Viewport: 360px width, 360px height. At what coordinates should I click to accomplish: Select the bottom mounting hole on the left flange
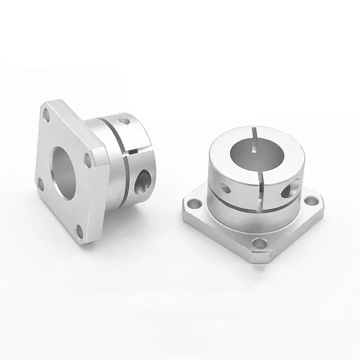click(80, 231)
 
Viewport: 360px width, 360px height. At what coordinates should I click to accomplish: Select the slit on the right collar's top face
click(255, 132)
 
